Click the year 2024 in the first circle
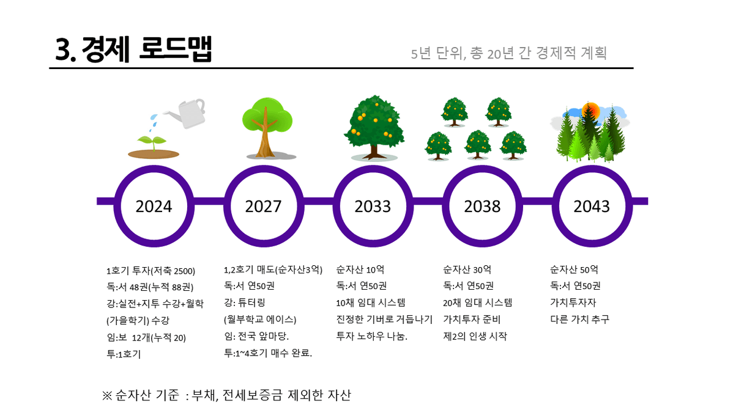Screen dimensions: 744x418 (154, 207)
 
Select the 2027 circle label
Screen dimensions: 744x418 (263, 207)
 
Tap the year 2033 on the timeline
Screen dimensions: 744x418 (373, 207)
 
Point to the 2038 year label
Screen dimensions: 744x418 (482, 207)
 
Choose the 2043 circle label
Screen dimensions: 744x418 (592, 207)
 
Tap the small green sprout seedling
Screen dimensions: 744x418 (152, 142)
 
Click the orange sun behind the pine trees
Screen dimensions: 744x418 (591, 111)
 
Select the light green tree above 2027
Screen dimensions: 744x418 (267, 128)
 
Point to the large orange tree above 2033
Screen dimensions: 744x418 (374, 127)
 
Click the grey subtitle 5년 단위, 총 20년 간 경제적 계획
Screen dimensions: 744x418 (509, 53)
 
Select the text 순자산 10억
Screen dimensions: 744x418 (360, 269)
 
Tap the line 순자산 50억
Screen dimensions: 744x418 (574, 269)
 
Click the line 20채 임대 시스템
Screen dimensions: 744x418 (478, 302)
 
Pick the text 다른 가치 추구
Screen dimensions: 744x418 (579, 319)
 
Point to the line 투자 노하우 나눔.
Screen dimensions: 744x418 (371, 336)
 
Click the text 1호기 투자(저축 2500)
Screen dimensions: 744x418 (151, 271)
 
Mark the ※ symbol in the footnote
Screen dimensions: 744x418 (107, 396)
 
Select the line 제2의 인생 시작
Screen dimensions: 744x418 (475, 336)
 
